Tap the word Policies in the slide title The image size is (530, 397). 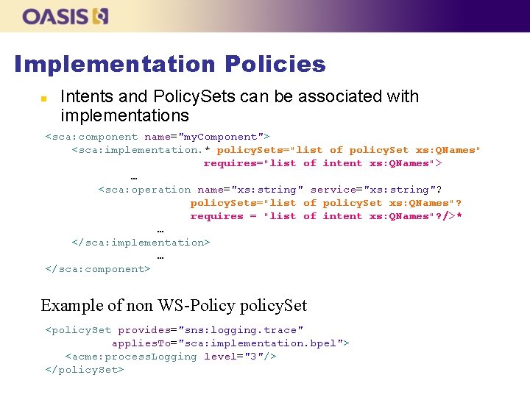tap(275, 64)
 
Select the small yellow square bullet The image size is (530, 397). tap(43, 98)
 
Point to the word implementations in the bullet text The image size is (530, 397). tap(124, 115)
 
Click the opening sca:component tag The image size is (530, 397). tap(91, 137)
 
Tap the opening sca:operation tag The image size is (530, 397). tap(144, 190)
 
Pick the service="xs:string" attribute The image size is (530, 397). tap(376, 190)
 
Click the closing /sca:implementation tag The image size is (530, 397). tap(141, 243)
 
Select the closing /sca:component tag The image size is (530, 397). tap(98, 269)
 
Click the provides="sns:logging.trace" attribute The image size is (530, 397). tap(211, 330)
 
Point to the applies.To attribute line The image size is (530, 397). tap(230, 343)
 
